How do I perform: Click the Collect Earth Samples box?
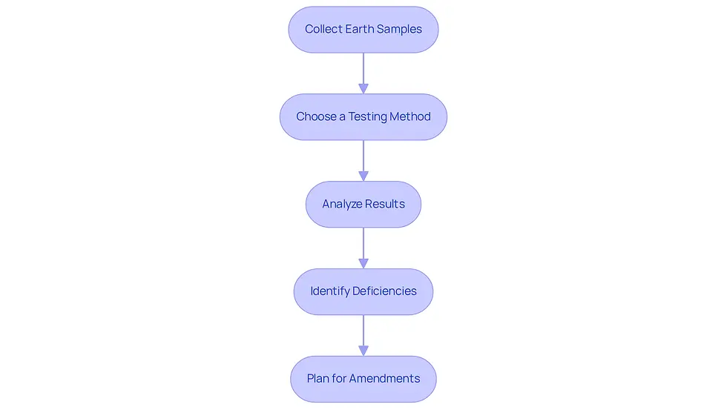click(x=363, y=30)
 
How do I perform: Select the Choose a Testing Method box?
click(x=363, y=116)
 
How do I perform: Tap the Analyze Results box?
click(x=363, y=205)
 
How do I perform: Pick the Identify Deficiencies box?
click(x=363, y=292)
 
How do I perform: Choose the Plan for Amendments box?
click(x=363, y=379)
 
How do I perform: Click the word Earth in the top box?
click(x=360, y=29)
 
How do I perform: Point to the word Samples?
click(x=399, y=30)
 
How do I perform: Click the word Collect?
click(x=323, y=29)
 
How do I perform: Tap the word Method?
click(x=410, y=116)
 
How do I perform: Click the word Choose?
click(x=316, y=116)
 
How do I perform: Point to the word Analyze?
click(x=342, y=205)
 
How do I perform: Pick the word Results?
click(x=385, y=204)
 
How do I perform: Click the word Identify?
click(x=330, y=291)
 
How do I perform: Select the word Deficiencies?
click(x=384, y=291)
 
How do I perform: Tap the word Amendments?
click(x=385, y=379)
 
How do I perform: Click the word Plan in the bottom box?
click(x=318, y=379)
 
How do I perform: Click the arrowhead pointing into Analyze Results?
click(x=363, y=176)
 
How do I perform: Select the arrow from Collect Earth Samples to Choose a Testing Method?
click(x=363, y=73)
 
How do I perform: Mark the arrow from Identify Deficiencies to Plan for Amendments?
click(x=363, y=335)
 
